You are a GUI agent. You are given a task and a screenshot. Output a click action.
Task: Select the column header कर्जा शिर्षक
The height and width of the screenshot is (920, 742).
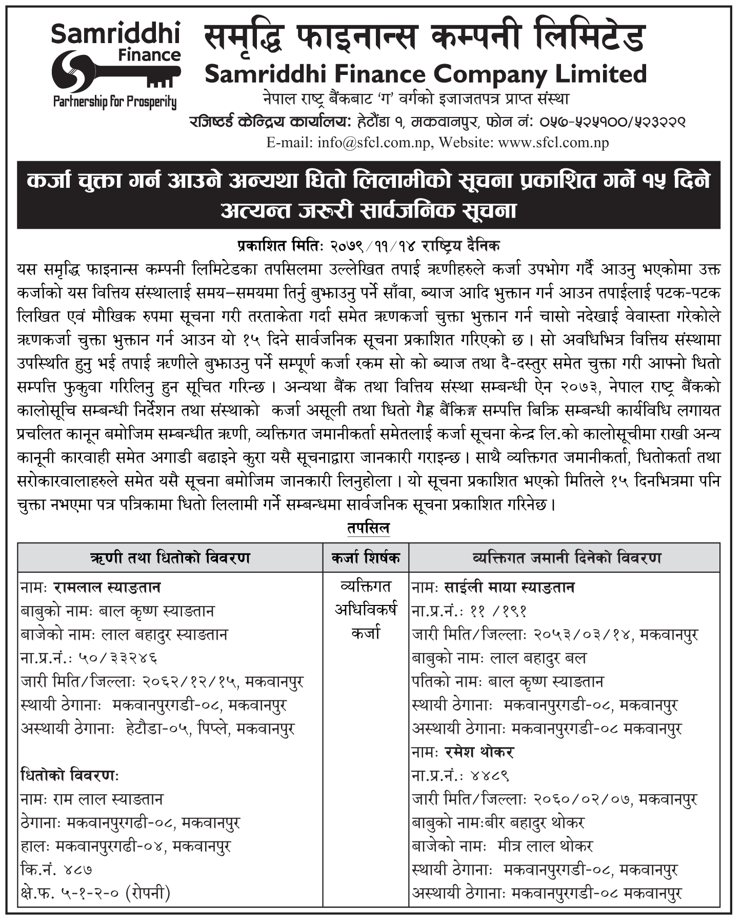[x=366, y=557]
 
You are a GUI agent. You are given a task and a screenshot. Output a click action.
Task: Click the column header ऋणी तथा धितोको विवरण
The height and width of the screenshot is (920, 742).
[x=170, y=557]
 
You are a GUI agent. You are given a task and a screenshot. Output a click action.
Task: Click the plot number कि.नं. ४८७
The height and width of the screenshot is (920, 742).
[x=56, y=870]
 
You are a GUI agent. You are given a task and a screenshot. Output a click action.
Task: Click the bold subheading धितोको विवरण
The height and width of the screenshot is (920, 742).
[x=70, y=776]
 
